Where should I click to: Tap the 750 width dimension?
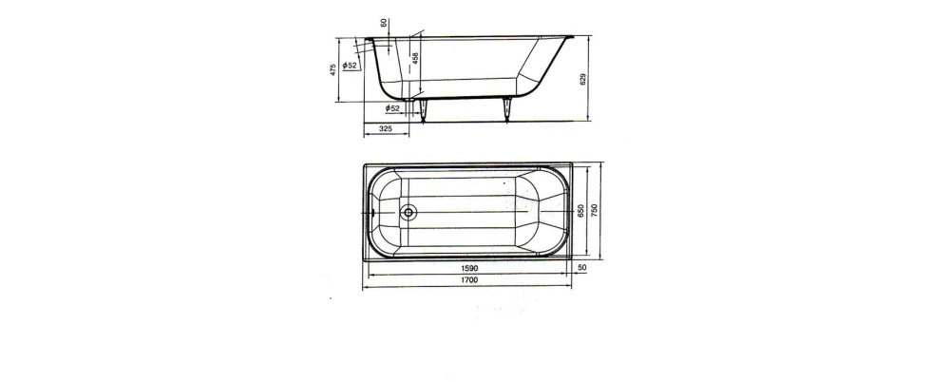click(595, 210)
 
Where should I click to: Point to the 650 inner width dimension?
click(580, 210)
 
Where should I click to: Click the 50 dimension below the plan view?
click(582, 267)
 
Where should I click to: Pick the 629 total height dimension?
click(583, 80)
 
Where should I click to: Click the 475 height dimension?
click(332, 69)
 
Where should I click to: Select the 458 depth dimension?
click(415, 58)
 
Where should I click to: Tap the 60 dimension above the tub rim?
click(383, 23)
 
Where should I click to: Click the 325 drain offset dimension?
click(386, 128)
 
